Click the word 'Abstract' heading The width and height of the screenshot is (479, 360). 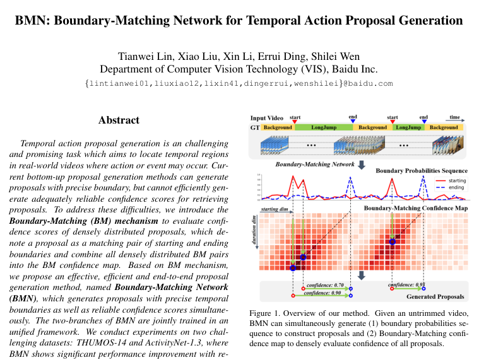119,120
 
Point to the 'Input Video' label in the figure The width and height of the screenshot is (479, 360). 266,118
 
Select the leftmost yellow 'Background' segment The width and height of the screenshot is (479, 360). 278,127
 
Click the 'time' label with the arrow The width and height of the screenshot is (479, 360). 454,117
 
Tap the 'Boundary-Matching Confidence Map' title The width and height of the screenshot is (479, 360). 415,207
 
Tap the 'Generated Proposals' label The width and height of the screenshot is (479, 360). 435,296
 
